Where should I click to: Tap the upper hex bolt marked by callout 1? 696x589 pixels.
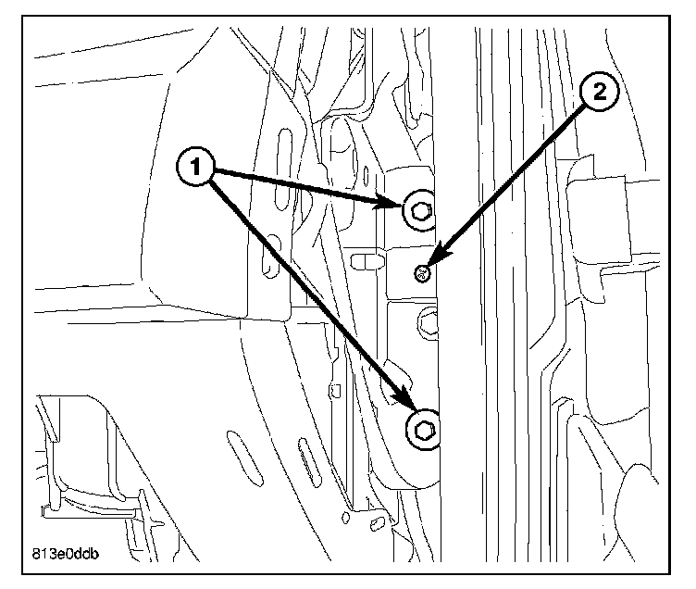click(x=419, y=212)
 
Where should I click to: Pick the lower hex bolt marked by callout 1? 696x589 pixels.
click(x=423, y=430)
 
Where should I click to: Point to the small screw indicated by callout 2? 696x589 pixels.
click(x=422, y=271)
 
